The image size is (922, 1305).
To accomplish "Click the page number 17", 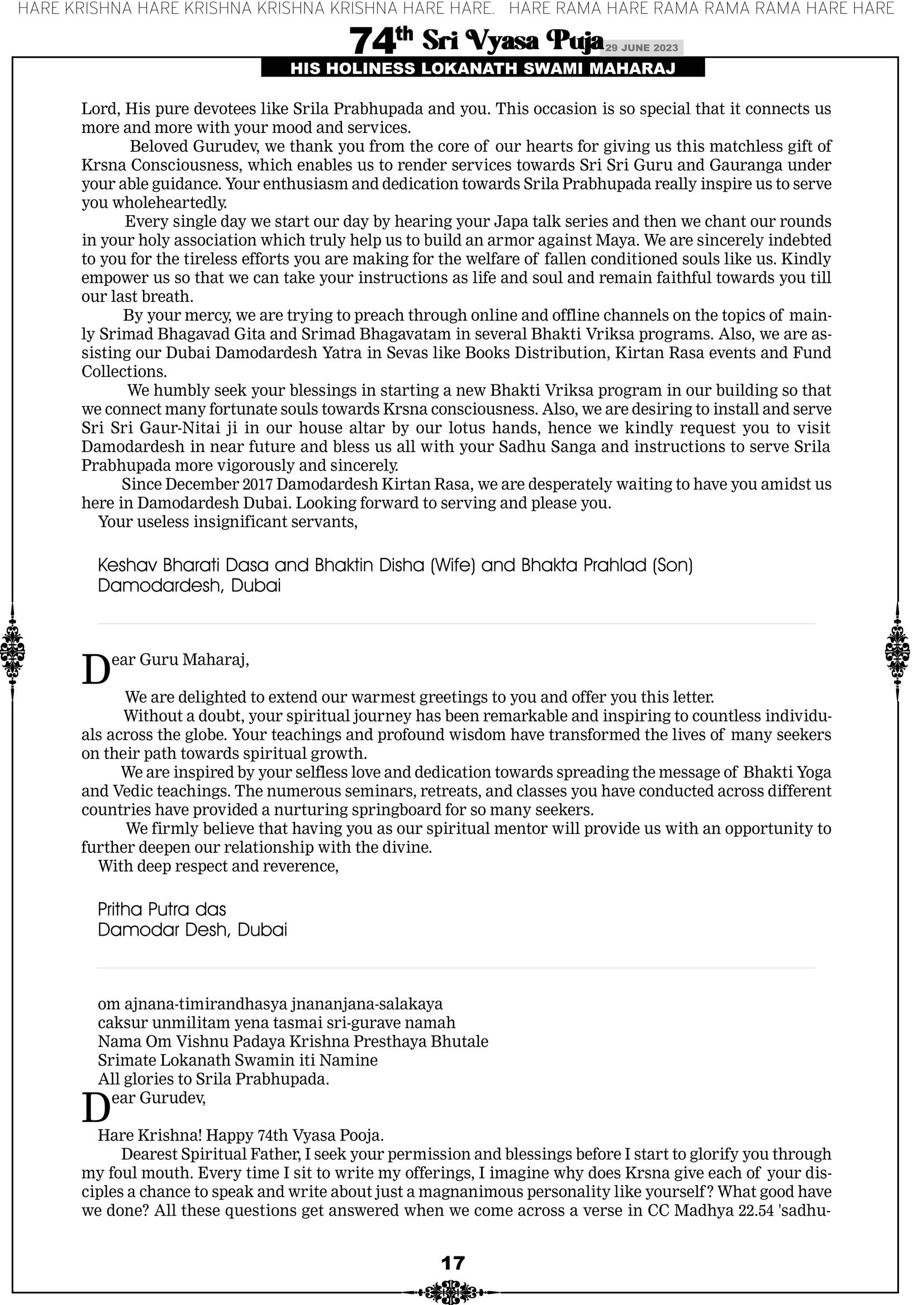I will [453, 1263].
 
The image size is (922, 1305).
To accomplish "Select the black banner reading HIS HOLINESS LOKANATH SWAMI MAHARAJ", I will [483, 69].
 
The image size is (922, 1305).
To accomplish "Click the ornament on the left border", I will [12, 652].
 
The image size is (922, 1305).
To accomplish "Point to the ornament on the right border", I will [897, 652].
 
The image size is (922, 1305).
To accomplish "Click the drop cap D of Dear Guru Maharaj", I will [96, 670].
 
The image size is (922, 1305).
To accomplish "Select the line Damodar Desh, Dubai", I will [192, 930].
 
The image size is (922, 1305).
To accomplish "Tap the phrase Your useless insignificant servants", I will [228, 522].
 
